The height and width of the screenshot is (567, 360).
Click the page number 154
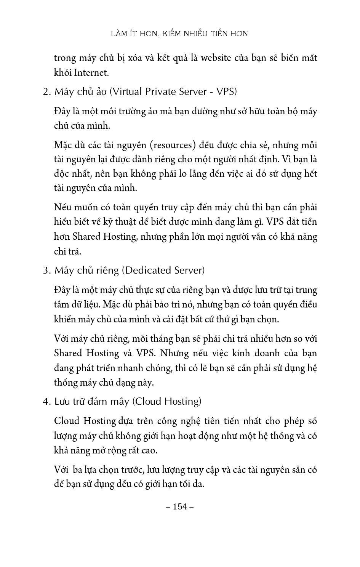pos(180,506)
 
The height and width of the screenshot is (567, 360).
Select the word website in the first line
pos(216,58)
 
